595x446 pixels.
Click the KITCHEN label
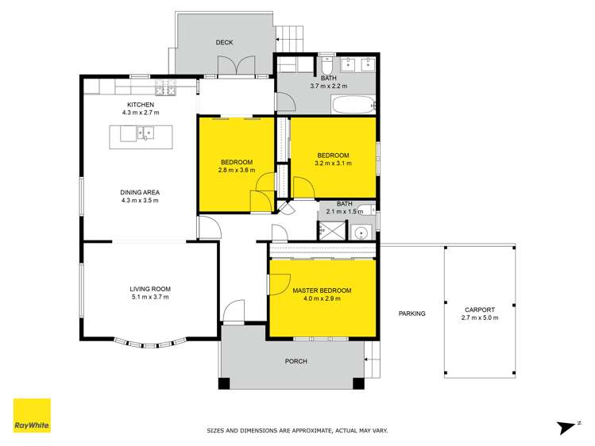[x=141, y=105]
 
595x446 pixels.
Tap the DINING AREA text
[x=141, y=191]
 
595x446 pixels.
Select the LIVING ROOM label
[x=150, y=288]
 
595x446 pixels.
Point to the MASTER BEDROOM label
[x=322, y=290]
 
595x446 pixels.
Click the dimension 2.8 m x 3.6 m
[x=236, y=169]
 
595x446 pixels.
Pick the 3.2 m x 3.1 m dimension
[x=333, y=163]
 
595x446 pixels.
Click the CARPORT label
[x=479, y=310]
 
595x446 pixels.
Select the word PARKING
[x=411, y=313]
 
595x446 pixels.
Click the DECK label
[x=225, y=43]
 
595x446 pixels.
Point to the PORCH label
[x=296, y=361]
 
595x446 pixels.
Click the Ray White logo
[x=32, y=416]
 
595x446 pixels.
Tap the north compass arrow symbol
[x=566, y=425]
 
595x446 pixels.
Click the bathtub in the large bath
[x=350, y=104]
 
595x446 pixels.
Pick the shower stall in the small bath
[x=329, y=231]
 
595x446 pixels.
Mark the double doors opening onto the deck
[x=238, y=67]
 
